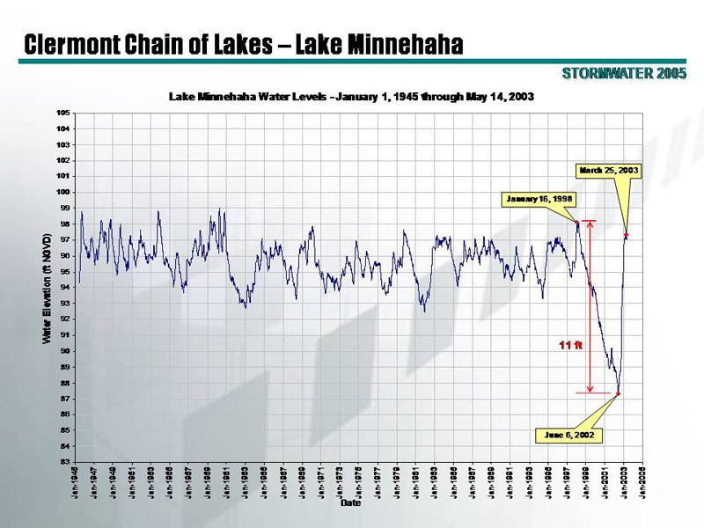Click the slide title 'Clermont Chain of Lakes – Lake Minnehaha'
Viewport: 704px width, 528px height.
[244, 43]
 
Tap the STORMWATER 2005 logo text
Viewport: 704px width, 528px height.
[624, 73]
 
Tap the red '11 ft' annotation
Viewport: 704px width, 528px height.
[572, 344]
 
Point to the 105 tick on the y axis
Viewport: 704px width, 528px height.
[64, 113]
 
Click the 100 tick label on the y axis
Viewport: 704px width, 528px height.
[64, 192]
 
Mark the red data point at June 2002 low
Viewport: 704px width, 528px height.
[618, 393]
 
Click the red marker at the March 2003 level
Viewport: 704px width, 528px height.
[626, 235]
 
